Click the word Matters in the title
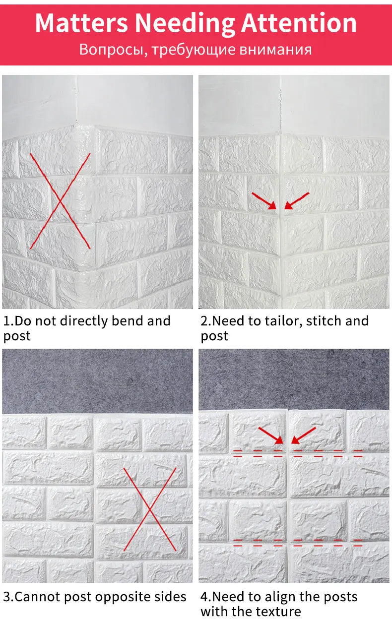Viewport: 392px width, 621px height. (x=81, y=23)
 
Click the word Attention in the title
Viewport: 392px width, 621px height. (x=299, y=23)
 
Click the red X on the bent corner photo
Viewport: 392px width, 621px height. (x=60, y=201)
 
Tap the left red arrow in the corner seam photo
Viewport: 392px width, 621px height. (x=264, y=200)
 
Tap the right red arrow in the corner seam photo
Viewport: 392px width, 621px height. (x=297, y=200)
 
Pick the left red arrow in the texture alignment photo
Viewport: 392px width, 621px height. (x=270, y=435)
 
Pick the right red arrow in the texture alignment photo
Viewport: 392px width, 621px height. (x=303, y=435)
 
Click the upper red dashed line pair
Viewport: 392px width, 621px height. (x=298, y=453)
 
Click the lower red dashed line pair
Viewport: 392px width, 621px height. (x=298, y=543)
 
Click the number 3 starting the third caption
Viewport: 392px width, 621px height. (x=7, y=597)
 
